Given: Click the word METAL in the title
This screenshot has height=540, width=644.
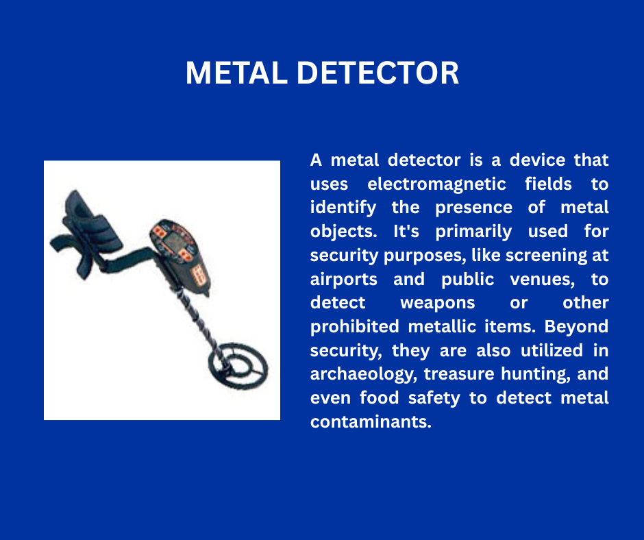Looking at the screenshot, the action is click(x=236, y=73).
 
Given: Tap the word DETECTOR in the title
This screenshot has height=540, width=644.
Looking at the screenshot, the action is click(x=377, y=73).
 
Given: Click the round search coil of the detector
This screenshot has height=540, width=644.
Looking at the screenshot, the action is click(x=238, y=365).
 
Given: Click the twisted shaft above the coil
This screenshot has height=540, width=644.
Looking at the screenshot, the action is click(x=198, y=321).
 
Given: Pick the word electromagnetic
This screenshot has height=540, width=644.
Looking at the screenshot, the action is click(x=436, y=184).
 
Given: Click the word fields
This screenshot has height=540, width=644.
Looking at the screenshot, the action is click(x=548, y=183).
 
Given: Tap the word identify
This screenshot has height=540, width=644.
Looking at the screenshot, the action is click(x=343, y=208).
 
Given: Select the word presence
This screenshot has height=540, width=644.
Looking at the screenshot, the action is click(x=473, y=208).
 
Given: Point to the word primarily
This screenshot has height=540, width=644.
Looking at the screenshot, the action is click(x=473, y=232).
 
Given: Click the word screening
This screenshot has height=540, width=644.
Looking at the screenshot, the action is click(x=544, y=256).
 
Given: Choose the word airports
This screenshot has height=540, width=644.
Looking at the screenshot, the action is click(x=343, y=280).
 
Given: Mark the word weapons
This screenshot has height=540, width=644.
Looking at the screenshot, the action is click(x=437, y=304).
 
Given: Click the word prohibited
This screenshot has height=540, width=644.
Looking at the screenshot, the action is click(x=354, y=327).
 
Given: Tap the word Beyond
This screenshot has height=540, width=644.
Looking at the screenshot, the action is click(x=576, y=327).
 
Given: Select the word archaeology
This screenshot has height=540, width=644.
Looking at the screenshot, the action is click(x=364, y=374).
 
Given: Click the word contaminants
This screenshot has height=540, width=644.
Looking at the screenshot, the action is click(x=371, y=421).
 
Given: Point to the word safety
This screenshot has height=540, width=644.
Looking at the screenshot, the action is click(x=434, y=398).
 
